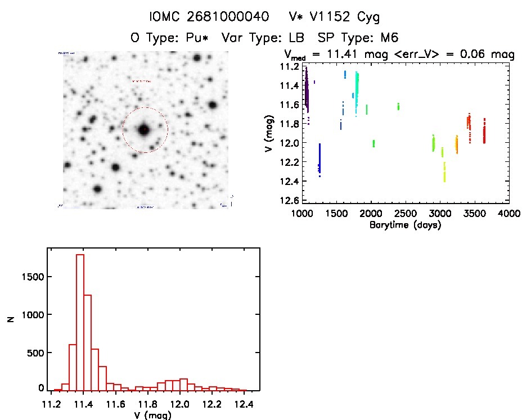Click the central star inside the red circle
coord(145,129)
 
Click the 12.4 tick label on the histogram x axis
coord(243,404)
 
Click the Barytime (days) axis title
coord(404,225)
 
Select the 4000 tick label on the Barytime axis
coord(509,214)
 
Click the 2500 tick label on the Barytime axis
coord(406,214)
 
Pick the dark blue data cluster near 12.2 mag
coord(319,160)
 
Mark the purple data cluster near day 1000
coord(307,90)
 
